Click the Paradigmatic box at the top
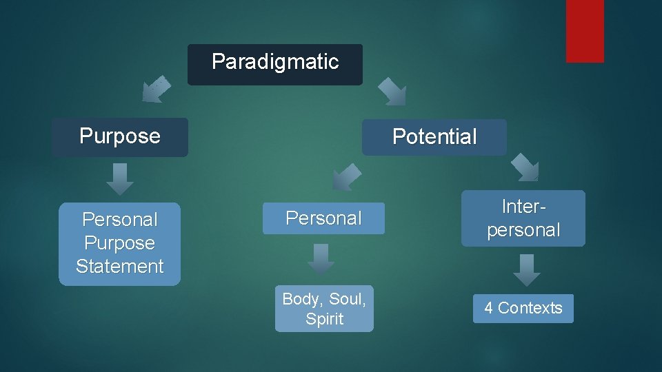pos(274,64)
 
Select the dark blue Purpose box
pos(119,136)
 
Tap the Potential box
pos(434,137)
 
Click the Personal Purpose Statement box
pos(119,243)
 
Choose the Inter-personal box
pos(523,218)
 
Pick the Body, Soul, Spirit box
pos(324,309)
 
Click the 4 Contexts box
pos(523,308)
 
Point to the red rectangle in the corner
pos(585,30)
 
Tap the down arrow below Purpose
pos(120,179)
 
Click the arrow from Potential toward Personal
pos(346,177)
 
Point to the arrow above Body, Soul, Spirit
pos(321,259)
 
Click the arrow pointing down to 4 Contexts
pos(527,269)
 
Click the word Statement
pos(119,267)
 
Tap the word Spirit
pos(324,319)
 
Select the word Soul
pos(347,299)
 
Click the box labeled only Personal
pos(323,218)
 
